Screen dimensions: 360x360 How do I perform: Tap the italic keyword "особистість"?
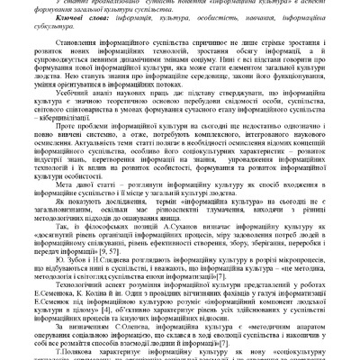click(x=208, y=29)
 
